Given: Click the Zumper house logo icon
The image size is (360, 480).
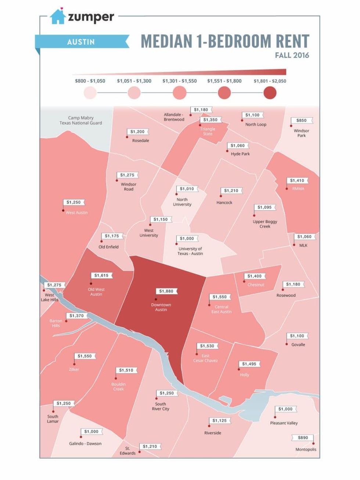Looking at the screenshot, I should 58,17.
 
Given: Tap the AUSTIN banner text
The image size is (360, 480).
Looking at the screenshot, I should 81,42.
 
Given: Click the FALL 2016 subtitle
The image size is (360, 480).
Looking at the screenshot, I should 292,55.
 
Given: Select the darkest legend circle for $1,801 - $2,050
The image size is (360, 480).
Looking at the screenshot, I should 270,93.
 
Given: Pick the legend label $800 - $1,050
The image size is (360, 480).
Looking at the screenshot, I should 90,81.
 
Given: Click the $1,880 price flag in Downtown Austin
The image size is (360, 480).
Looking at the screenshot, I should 166,291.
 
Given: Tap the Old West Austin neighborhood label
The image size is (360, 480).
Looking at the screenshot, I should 96,292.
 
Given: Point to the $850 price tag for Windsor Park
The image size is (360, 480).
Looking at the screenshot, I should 301,120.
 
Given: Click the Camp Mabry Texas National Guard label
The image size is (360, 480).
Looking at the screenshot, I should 81,120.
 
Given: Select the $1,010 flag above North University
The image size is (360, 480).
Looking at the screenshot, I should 187,189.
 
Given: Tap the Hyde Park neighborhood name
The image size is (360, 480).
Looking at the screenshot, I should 240,154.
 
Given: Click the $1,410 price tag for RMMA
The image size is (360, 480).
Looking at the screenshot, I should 297,180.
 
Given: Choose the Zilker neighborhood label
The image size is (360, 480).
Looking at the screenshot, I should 74,369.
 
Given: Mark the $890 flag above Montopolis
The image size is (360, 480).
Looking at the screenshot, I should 303,437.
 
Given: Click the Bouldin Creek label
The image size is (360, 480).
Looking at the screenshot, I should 118,387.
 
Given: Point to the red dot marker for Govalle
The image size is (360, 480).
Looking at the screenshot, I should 287,344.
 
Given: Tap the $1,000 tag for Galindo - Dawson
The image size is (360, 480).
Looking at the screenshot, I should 91,431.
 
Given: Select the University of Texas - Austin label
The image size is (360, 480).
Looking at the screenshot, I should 190,251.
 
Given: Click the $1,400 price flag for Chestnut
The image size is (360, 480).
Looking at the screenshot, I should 254,276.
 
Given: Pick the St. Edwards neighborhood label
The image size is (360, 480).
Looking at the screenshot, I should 127,451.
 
